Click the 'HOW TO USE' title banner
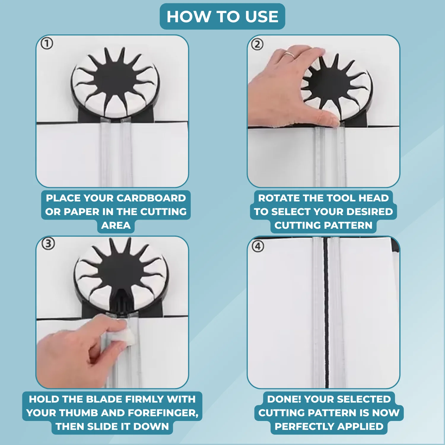[x=222, y=16]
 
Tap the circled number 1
[x=47, y=44]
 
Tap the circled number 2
[x=257, y=44]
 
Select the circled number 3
[x=48, y=244]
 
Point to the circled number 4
[x=258, y=246]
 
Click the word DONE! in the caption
[x=284, y=399]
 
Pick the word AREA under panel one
[x=116, y=225]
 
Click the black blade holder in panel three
[x=121, y=300]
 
